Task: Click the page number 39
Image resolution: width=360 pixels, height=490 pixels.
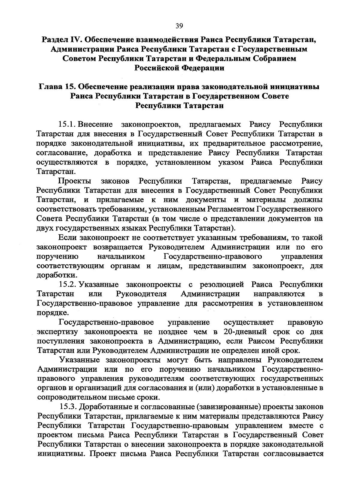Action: point(179,26)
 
